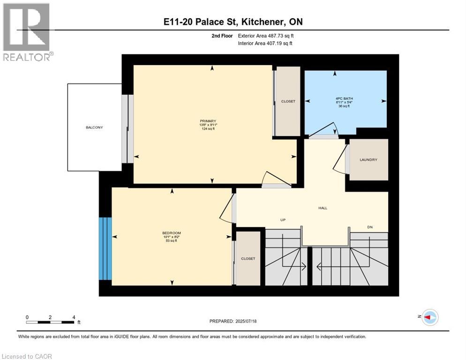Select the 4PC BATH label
345,98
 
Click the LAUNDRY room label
368,160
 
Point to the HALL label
323,208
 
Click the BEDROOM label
172,233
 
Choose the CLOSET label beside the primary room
288,101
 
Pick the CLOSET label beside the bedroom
248,258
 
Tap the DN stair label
369,227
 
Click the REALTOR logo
27,32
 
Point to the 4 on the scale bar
74,317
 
